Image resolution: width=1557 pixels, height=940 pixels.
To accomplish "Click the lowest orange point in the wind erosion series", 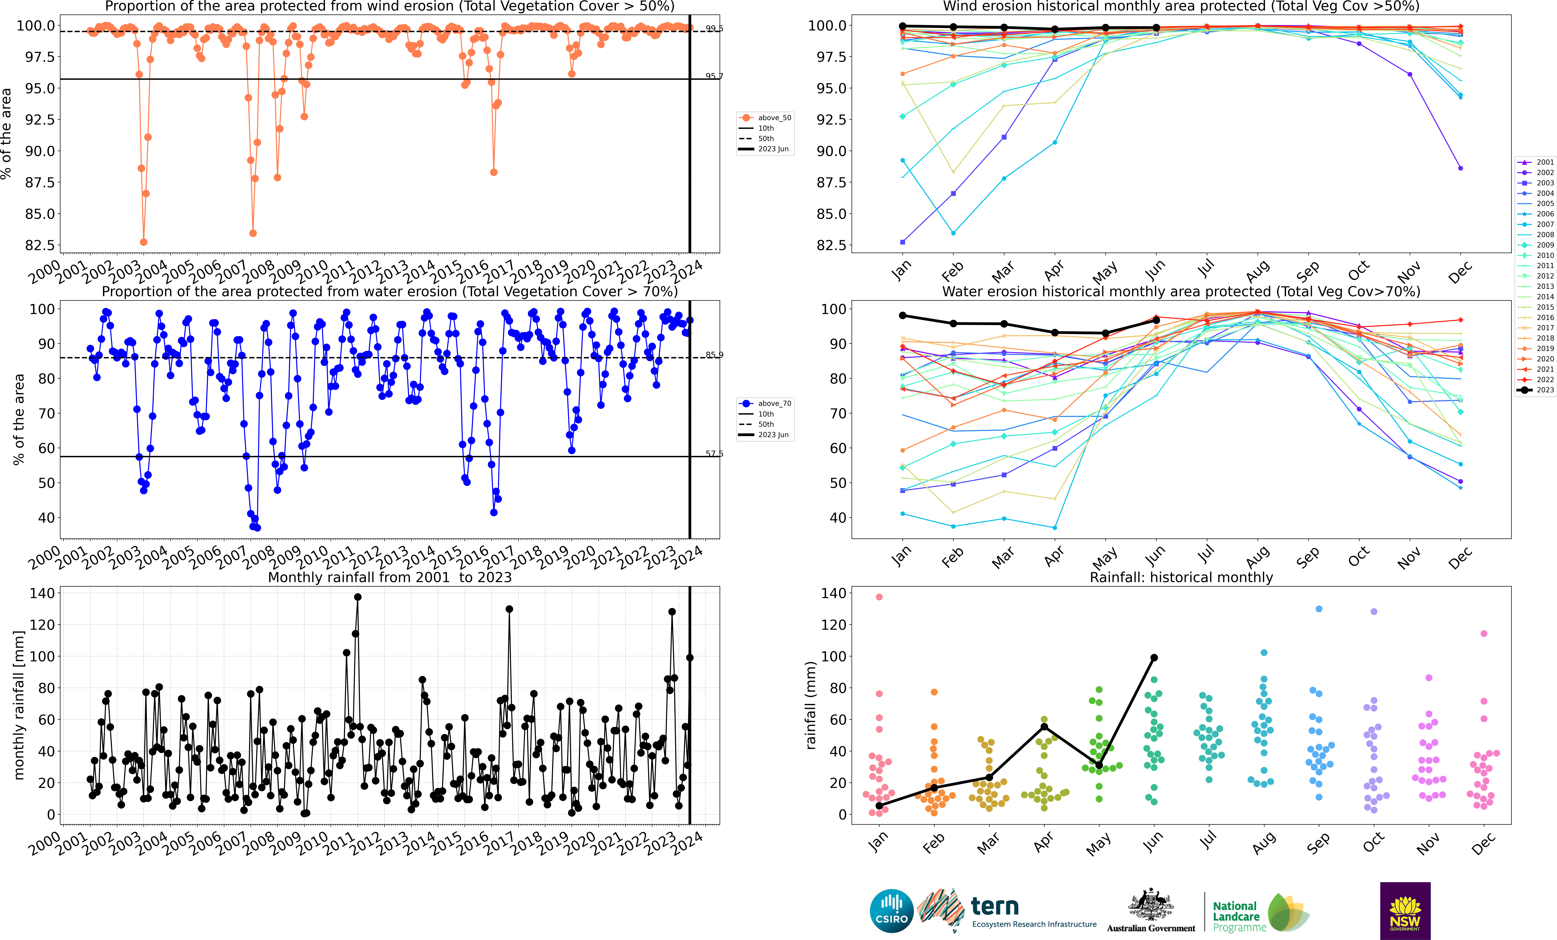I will point(143,242).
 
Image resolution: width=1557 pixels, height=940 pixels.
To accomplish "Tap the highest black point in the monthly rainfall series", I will point(358,597).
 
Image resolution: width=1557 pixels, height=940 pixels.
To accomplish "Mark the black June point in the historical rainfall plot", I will point(1154,657).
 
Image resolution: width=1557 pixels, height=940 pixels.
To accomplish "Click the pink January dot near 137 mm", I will point(879,597).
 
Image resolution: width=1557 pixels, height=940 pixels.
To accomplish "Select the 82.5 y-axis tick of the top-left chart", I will point(39,245).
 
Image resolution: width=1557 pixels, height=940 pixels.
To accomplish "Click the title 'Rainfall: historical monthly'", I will point(1181,577).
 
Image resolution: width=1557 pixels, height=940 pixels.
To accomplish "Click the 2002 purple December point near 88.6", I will point(1460,168).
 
